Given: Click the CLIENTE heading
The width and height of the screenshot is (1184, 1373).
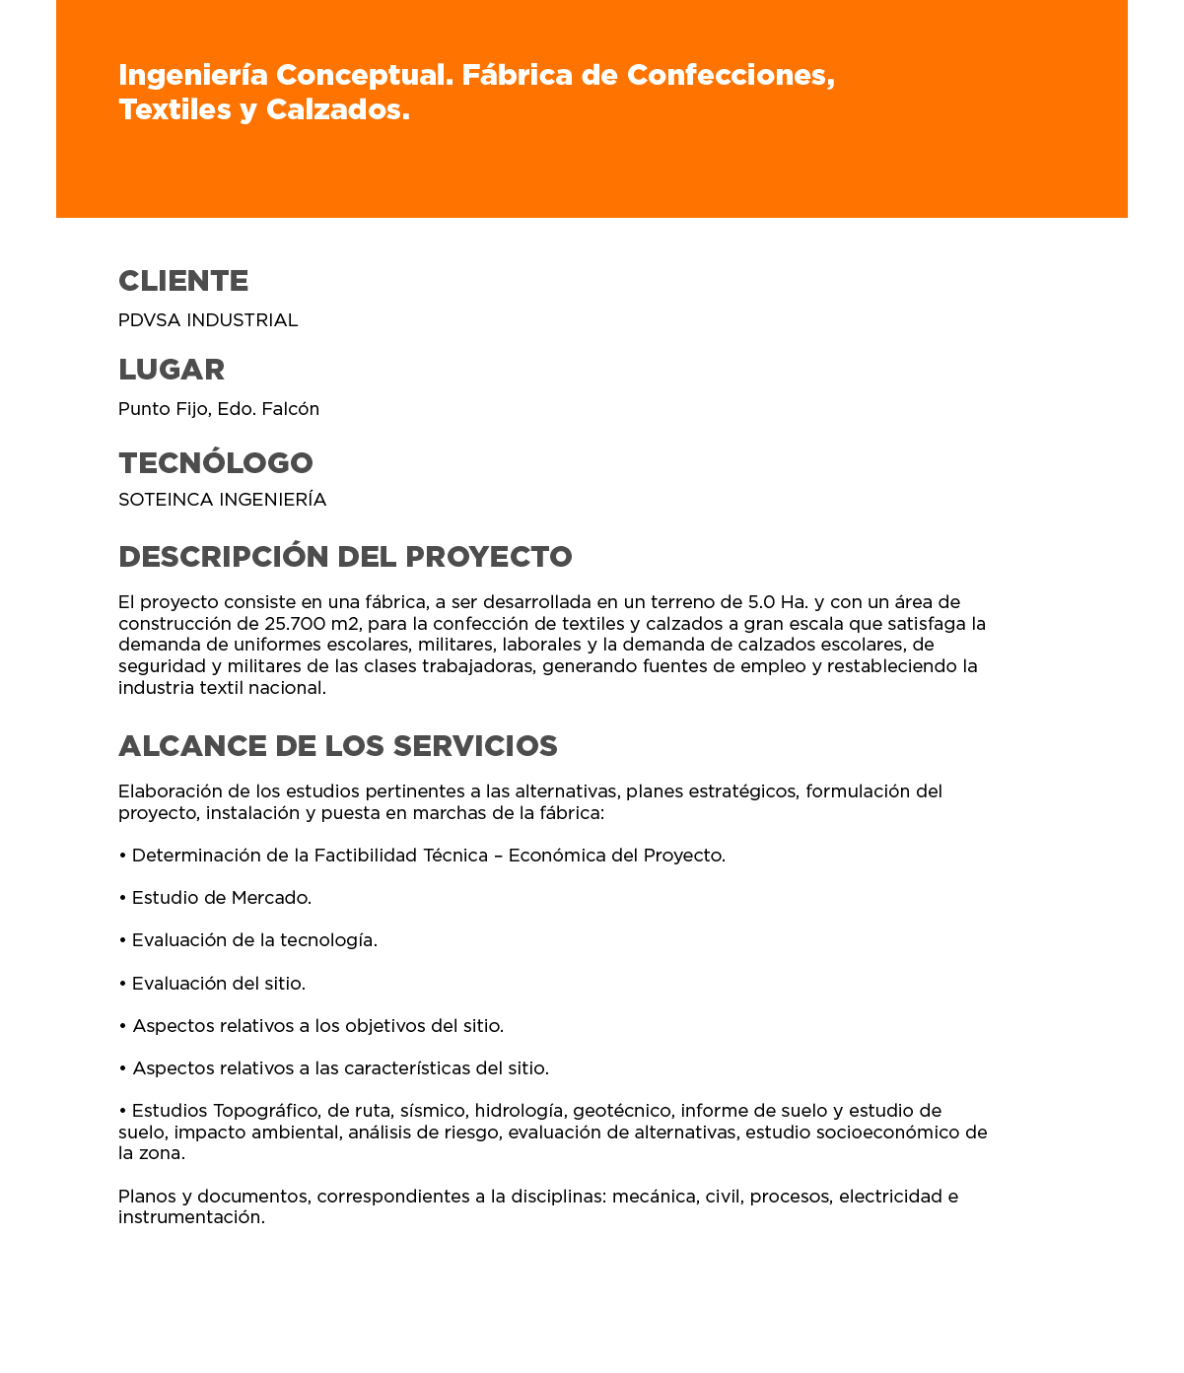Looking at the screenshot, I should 183,281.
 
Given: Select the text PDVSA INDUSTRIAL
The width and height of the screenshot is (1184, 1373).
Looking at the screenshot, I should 208,320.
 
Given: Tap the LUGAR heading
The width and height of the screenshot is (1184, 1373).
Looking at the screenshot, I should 172,370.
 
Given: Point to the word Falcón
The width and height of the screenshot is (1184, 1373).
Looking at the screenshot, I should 291,409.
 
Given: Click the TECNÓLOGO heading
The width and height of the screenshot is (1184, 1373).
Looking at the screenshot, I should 216,462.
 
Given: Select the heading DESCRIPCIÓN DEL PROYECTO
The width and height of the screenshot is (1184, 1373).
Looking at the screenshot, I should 345,557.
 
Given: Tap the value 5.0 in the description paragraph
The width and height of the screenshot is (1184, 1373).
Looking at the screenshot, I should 762,602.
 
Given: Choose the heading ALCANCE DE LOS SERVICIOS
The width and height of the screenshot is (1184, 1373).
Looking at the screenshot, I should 338,746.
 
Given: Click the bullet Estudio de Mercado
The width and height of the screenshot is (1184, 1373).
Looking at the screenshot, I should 221,898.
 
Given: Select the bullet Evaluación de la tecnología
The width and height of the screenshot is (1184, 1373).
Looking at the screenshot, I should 253,940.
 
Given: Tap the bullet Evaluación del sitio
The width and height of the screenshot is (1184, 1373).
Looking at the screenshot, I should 218,984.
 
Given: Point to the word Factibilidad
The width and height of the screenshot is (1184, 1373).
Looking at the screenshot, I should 366,856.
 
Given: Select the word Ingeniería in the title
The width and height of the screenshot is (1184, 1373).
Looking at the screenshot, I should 192,75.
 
